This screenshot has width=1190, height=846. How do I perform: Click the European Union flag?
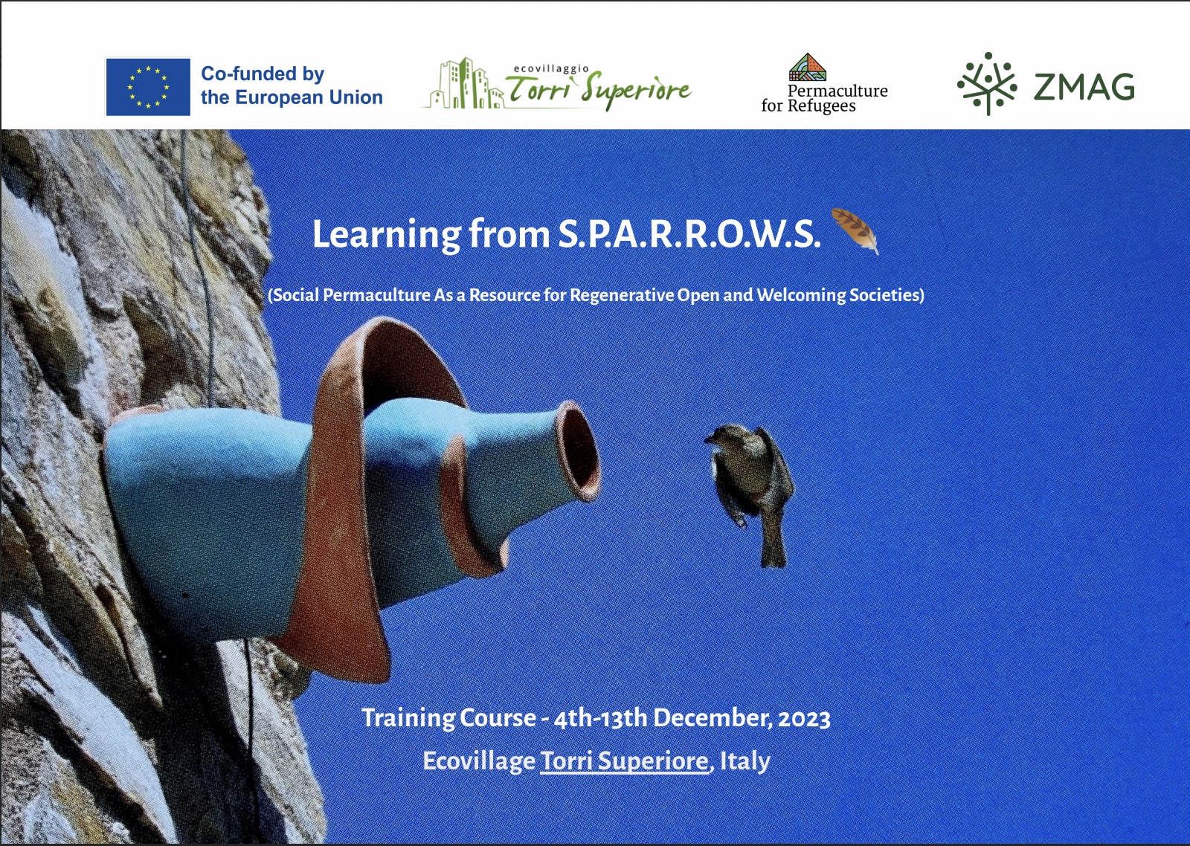148,86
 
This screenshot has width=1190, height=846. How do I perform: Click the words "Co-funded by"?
263,74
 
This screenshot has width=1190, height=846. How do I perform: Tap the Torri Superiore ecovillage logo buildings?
464,84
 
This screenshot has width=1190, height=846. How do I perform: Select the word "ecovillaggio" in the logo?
551,68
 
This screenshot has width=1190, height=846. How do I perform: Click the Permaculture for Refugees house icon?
808,67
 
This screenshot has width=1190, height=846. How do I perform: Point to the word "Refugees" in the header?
821,106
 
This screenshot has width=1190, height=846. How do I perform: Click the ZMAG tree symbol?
987,84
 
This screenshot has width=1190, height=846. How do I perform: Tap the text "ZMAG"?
1084,87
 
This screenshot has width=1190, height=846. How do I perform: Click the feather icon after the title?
855,230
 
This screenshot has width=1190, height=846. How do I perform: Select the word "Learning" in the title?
387,234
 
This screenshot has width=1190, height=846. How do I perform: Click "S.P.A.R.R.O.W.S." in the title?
689,234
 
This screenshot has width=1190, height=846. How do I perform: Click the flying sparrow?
750,491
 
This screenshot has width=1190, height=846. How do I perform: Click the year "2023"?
804,719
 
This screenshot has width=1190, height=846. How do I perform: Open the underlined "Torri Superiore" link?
624,761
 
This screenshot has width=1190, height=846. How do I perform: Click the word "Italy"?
744,761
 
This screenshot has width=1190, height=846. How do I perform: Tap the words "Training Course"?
449,718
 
